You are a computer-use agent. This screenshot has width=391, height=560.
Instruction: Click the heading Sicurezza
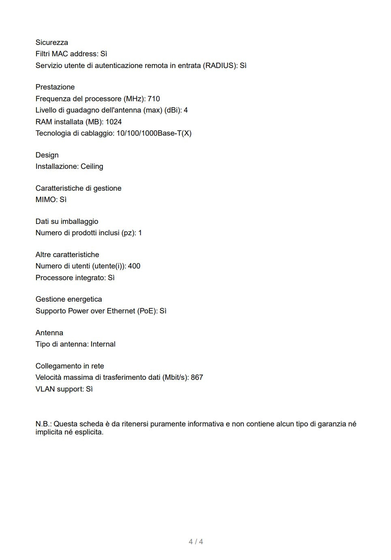(51, 43)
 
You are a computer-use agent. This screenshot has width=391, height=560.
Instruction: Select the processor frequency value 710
(154, 99)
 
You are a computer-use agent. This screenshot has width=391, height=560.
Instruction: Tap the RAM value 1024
(114, 122)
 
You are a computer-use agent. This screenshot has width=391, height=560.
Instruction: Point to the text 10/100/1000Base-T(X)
(154, 133)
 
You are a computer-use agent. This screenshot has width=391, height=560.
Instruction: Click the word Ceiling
(92, 166)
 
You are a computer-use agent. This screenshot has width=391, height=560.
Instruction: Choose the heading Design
(47, 155)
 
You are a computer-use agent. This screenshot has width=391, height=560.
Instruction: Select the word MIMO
(45, 200)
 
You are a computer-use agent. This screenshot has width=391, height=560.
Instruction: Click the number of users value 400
(134, 266)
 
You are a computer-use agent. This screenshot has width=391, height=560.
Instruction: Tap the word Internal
(103, 344)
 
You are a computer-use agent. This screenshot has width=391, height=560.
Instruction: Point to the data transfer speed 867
(197, 377)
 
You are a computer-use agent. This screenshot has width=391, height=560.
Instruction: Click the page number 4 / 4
(196, 542)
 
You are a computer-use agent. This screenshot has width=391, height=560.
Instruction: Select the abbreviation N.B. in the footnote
(43, 424)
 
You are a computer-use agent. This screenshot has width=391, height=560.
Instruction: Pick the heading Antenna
(49, 333)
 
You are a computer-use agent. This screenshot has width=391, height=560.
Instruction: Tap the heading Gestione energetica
(68, 299)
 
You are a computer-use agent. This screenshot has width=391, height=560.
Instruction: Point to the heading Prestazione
(55, 87)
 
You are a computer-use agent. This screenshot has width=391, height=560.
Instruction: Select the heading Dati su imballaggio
(67, 221)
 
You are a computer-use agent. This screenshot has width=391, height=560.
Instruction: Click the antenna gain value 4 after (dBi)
(186, 110)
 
